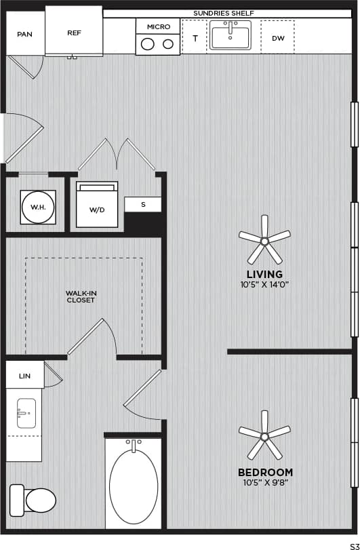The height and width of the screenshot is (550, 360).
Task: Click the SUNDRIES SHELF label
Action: pos(224,13)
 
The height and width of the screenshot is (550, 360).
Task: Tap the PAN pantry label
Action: pos(25,34)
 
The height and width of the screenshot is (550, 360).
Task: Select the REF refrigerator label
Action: pos(74,32)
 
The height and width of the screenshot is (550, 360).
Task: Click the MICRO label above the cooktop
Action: pos(158,26)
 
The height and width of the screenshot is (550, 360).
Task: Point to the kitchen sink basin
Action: pos(231,36)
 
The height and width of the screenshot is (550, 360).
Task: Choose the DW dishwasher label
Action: pos(278,39)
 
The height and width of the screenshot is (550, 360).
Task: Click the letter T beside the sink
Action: pos(195,39)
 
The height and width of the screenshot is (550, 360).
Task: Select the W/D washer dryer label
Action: pos(97,210)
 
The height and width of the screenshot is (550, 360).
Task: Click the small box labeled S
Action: pos(143,204)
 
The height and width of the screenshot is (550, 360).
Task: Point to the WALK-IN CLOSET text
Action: pos(81,296)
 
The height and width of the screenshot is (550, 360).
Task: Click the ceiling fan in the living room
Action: pos(264,240)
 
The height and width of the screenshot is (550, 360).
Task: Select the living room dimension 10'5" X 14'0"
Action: pos(264,285)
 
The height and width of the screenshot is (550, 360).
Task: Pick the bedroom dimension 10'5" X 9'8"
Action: pos(264,483)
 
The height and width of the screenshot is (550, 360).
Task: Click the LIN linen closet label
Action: pos(24,375)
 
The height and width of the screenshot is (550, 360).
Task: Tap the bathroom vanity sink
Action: pos(26,413)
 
